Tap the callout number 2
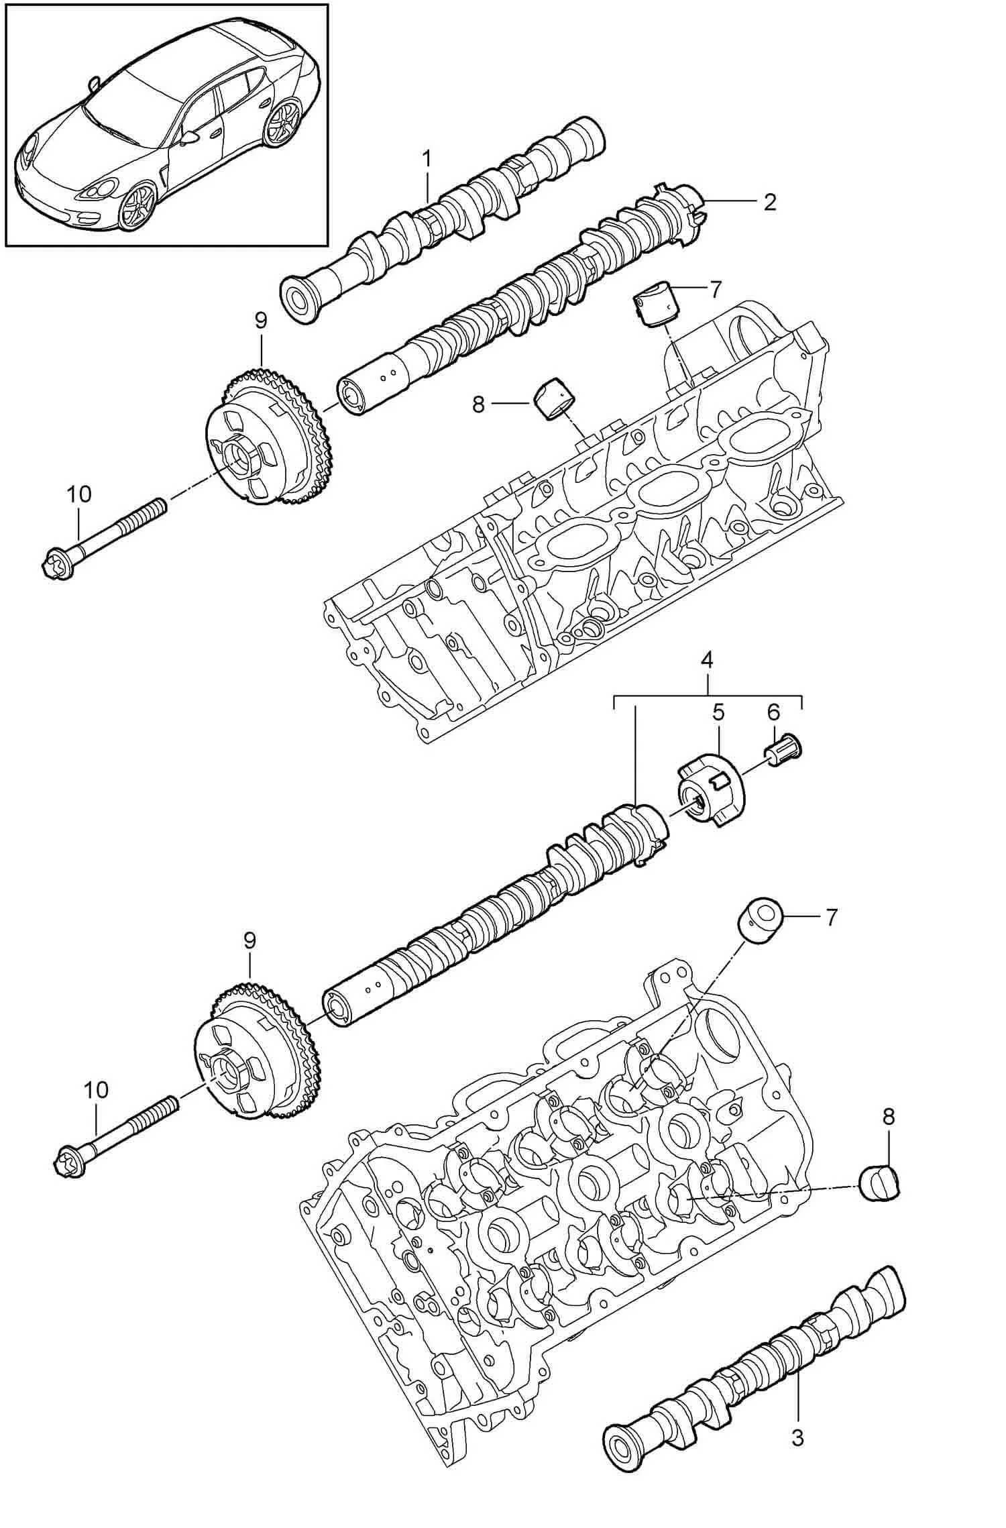pos(769,201)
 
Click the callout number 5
pos(718,713)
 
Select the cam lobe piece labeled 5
pos(710,792)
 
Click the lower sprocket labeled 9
pos(255,1054)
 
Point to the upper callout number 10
pos(78,494)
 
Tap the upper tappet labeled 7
pos(655,303)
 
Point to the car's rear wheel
pos(281,121)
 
